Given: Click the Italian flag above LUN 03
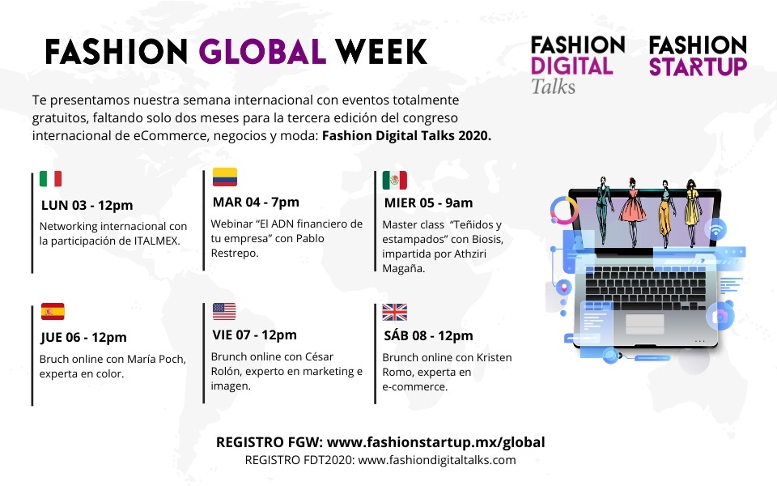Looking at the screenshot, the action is (50, 178).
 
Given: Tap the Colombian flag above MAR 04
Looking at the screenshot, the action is (225, 177).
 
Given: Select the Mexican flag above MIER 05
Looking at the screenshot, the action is (394, 180).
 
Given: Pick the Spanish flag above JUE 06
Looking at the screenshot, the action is (53, 311).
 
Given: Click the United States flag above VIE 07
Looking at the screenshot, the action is (224, 311).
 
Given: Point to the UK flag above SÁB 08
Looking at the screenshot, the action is (394, 313).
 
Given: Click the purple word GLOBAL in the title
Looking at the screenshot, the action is (262, 52).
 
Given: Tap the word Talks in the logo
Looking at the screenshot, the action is (553, 87).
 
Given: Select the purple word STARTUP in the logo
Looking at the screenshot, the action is (698, 67).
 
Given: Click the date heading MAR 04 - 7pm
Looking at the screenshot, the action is (256, 202).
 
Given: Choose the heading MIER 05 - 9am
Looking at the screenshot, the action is (428, 202).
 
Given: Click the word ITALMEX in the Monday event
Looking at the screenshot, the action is (156, 241).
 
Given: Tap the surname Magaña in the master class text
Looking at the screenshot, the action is (403, 269).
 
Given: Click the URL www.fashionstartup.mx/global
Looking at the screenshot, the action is (436, 442).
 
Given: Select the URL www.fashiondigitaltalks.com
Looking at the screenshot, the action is (437, 460).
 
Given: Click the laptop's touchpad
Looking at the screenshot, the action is (645, 324).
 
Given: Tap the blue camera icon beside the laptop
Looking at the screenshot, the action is (720, 315).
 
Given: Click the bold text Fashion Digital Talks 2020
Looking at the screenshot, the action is (406, 136).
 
